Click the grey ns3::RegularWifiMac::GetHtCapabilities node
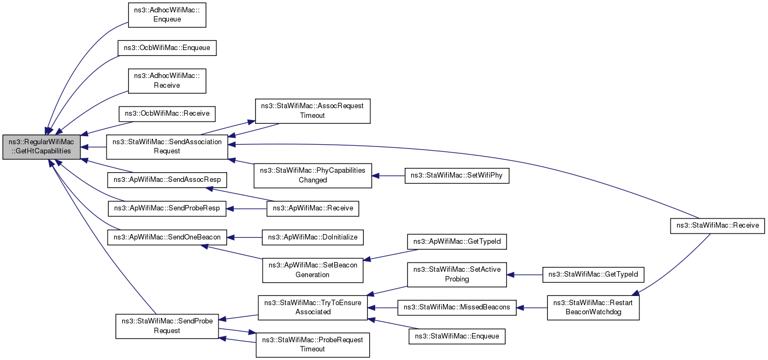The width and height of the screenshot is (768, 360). (x=41, y=147)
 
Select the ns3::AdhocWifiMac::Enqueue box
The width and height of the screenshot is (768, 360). (x=167, y=15)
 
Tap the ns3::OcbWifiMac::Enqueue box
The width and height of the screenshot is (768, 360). (x=167, y=48)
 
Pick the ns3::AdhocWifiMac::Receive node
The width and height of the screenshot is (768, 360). (x=167, y=81)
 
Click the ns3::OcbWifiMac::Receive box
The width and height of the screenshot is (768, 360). (x=167, y=114)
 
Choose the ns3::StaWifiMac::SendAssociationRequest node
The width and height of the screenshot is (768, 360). (x=167, y=147)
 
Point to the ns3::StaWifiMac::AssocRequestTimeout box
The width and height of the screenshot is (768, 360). (x=312, y=111)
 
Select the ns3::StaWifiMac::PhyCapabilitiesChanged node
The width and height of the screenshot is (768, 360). (x=313, y=175)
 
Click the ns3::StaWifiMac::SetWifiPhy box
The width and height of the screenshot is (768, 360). (x=457, y=175)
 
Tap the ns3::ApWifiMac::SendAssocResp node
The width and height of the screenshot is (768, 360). (x=167, y=180)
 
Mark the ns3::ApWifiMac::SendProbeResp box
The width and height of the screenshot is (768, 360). (x=167, y=208)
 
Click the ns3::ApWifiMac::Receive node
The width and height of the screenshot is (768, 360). (x=313, y=208)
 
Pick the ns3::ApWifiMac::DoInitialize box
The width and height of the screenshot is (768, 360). (x=313, y=237)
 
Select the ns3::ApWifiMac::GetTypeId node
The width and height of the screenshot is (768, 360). (x=457, y=242)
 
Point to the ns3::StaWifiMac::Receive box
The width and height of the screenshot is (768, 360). (x=717, y=226)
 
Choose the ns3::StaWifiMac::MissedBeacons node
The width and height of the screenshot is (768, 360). (x=457, y=308)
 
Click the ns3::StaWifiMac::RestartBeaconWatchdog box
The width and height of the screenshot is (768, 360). (x=593, y=308)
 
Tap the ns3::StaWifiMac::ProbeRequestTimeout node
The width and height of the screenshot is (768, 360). (x=313, y=345)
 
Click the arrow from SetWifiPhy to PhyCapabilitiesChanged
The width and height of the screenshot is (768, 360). (x=388, y=176)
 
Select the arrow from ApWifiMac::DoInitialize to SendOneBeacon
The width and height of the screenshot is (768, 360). (x=244, y=237)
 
